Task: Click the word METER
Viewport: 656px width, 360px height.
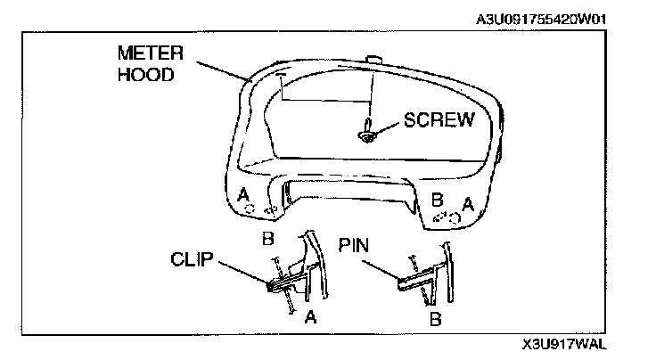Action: pyautogui.click(x=146, y=53)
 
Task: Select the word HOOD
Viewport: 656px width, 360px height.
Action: pyautogui.click(x=142, y=73)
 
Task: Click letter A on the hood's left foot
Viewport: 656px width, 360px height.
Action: pyautogui.click(x=243, y=193)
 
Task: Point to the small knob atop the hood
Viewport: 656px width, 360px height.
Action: pyautogui.click(x=373, y=61)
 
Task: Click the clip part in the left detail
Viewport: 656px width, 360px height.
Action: pyautogui.click(x=283, y=283)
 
